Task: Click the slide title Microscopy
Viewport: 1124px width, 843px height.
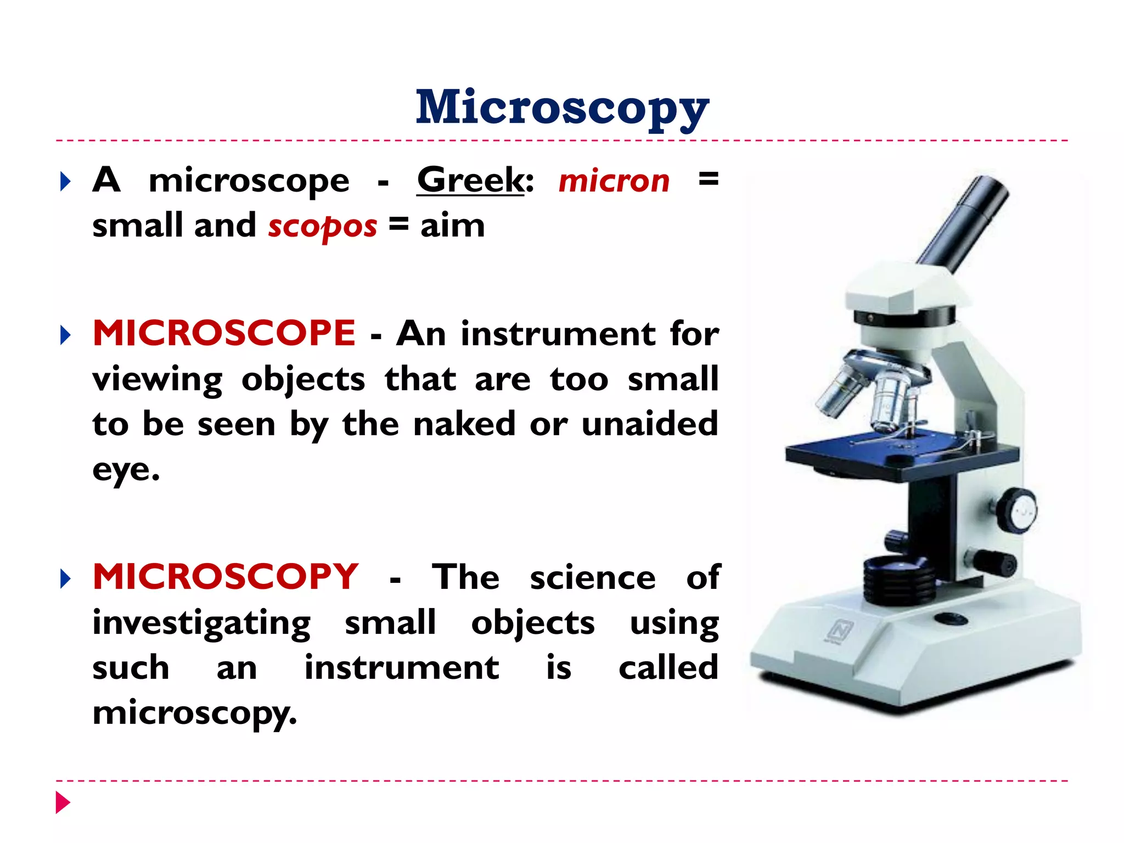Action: coord(562,108)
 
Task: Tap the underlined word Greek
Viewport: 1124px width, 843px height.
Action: coord(471,180)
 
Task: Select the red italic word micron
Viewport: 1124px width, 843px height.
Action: coord(614,181)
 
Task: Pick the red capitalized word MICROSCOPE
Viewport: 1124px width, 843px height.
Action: coord(224,333)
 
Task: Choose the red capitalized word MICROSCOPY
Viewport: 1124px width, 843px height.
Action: coord(226,577)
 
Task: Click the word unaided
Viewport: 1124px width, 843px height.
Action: coord(650,424)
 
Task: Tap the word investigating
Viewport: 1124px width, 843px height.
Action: coord(201,623)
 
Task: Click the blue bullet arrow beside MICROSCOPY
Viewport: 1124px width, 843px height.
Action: coord(65,578)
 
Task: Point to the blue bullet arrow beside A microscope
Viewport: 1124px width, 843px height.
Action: coord(65,182)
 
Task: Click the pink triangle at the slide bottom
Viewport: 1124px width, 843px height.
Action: coord(63,802)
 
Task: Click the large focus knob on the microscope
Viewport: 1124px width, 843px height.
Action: coord(1017,510)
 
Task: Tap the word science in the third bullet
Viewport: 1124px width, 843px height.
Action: coord(593,578)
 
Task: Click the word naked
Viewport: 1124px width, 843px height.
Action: coord(464,424)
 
